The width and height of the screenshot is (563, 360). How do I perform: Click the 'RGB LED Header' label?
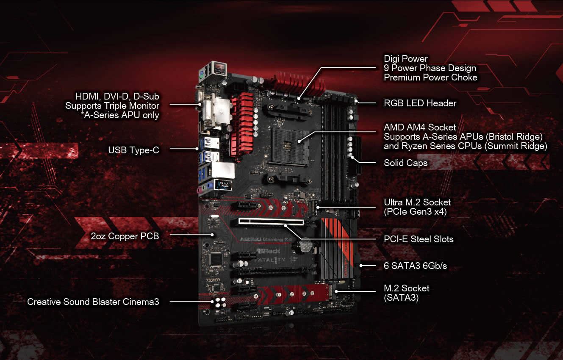click(420, 103)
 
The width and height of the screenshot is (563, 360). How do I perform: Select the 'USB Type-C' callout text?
click(133, 150)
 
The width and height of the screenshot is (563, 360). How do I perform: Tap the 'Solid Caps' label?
click(405, 163)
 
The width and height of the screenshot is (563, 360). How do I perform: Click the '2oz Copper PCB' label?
click(125, 236)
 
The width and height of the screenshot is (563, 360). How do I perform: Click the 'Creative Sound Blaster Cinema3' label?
click(93, 302)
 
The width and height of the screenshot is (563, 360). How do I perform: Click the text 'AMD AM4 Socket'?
click(420, 127)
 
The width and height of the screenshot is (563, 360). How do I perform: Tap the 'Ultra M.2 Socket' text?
click(417, 202)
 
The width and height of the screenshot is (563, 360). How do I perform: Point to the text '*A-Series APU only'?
click(120, 115)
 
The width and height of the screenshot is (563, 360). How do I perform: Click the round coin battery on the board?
click(304, 245)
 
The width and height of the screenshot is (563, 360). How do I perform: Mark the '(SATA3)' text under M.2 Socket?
click(401, 298)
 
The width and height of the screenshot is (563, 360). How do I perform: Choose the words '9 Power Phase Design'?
click(430, 68)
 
